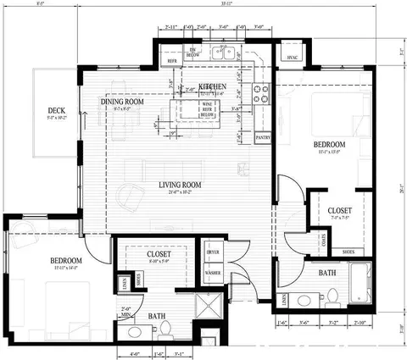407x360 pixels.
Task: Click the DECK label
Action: coord(57,110)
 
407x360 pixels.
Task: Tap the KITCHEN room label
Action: coord(211,86)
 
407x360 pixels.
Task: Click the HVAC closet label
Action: coord(293,58)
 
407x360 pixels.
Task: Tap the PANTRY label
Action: coord(263,136)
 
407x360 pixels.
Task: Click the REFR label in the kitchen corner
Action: coord(172,61)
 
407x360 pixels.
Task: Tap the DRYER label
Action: coord(213,252)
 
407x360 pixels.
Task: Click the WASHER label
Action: coord(213,274)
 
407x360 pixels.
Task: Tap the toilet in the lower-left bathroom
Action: coord(167,328)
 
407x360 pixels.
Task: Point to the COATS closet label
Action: coord(300,238)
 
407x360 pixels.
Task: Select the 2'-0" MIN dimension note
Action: coord(126,312)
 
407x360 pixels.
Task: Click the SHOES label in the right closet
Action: coord(348,252)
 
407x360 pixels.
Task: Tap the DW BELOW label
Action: coord(193,53)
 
